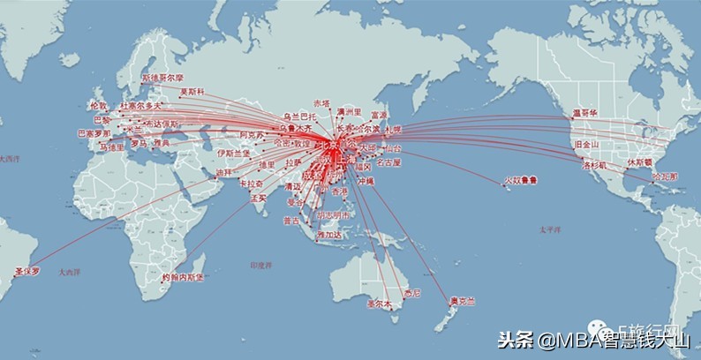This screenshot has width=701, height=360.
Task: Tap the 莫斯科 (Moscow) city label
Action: (192, 92)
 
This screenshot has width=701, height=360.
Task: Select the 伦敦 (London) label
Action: (99, 106)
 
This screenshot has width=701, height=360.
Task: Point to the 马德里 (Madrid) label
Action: (111, 146)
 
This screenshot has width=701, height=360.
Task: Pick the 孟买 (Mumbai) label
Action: (257, 198)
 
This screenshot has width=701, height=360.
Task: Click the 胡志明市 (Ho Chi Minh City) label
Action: (334, 214)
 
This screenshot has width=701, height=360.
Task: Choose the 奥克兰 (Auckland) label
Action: (462, 301)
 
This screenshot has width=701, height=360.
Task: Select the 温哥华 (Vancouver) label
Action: (584, 113)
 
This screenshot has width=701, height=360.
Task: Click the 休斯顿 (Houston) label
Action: (640, 162)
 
